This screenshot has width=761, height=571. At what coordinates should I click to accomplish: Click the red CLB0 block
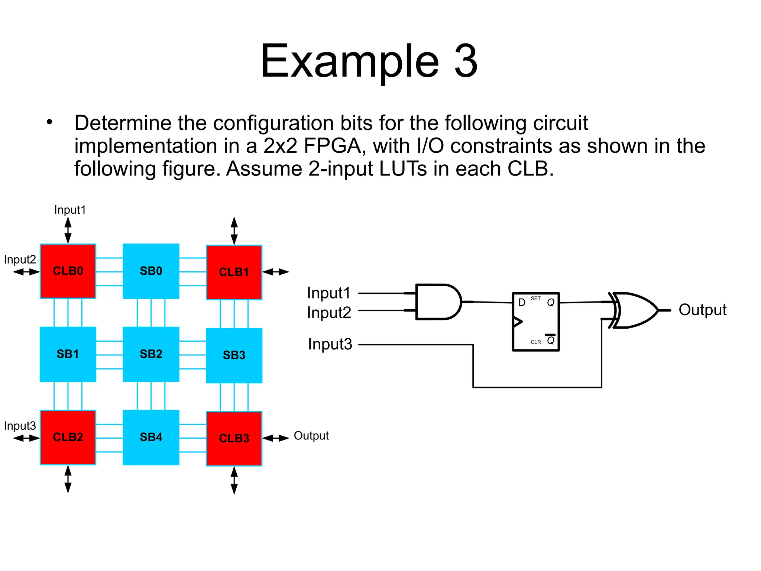click(x=68, y=271)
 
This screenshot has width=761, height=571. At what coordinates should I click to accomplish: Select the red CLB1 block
click(x=234, y=272)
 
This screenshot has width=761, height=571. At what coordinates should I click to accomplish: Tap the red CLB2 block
click(x=68, y=437)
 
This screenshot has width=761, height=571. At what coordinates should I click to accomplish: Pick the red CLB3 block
click(x=234, y=438)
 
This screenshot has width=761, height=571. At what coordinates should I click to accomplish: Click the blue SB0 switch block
click(x=151, y=271)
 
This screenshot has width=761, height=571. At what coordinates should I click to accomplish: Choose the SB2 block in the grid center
click(x=151, y=354)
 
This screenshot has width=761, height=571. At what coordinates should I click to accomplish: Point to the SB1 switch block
click(x=68, y=354)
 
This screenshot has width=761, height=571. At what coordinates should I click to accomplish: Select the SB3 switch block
click(x=234, y=355)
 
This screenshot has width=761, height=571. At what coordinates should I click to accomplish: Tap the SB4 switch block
click(x=151, y=437)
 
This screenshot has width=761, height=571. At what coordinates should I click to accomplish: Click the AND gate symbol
click(x=437, y=302)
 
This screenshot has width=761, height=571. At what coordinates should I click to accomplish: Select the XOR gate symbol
click(x=634, y=310)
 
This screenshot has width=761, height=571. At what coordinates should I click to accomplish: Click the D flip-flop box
click(x=535, y=322)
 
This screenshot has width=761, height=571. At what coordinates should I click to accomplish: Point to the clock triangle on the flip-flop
click(x=518, y=322)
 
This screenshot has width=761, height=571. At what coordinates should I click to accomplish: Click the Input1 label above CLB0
click(x=70, y=210)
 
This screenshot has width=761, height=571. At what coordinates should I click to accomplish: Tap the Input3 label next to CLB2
click(x=20, y=426)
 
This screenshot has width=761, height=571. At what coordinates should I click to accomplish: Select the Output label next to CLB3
click(x=311, y=436)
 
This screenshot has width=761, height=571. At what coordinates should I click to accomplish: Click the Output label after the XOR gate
click(x=702, y=310)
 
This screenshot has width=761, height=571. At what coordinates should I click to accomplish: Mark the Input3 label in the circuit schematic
click(x=330, y=344)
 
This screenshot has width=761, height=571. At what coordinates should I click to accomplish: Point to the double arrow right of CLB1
click(x=276, y=272)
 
